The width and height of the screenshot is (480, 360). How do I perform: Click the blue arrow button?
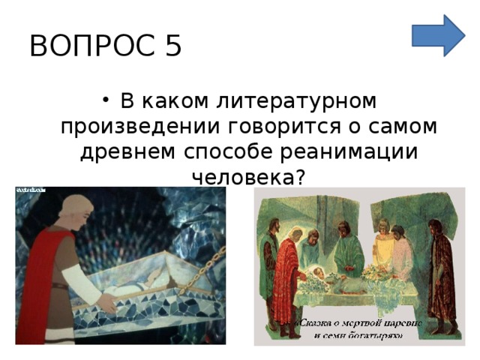(x=438, y=34)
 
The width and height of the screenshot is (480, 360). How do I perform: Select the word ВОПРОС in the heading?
(x=84, y=46)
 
